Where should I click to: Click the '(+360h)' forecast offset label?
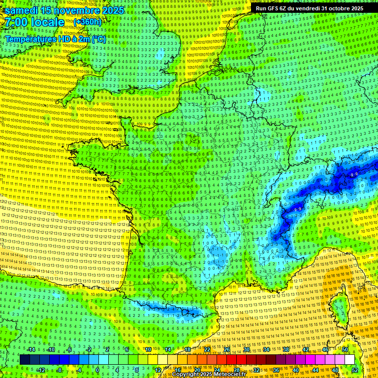[88, 22]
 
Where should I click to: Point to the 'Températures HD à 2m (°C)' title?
[55, 39]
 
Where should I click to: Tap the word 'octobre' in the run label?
[336, 8]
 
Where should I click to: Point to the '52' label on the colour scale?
[355, 370]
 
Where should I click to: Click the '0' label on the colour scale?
[97, 370]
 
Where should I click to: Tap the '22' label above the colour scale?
[207, 349]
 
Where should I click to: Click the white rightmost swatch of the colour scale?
[349, 360]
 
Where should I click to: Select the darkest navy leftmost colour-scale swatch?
[25, 360]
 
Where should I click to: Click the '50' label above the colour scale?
[345, 349]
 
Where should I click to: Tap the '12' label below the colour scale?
[158, 370]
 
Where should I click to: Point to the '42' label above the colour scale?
[306, 349]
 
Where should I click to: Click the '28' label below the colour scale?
[237, 370]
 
